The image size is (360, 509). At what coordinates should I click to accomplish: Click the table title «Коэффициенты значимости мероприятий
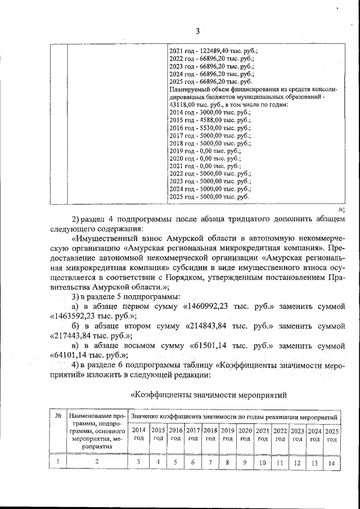click(209, 395)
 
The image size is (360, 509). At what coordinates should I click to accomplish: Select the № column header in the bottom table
click(58, 417)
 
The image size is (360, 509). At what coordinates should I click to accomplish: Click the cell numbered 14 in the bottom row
click(332, 463)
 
